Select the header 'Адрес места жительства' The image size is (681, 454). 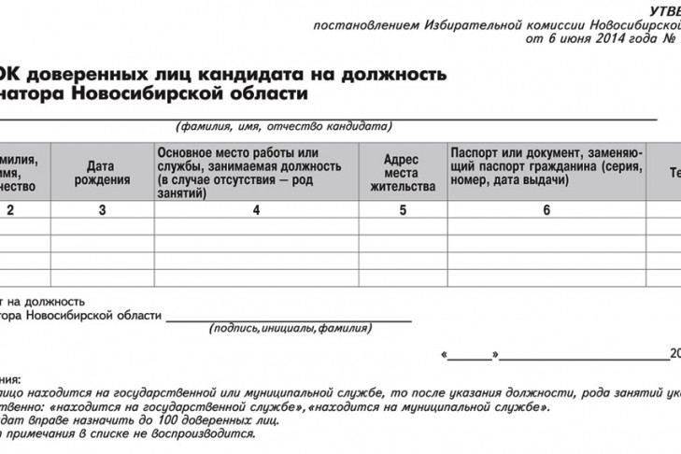tap(403, 173)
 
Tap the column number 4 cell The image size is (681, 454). tap(255, 210)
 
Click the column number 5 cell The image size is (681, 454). tap(403, 210)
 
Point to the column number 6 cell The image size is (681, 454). tap(546, 210)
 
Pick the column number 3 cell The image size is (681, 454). tap(101, 210)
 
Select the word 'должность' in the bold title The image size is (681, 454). tap(399, 73)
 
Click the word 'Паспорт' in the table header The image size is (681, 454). tap(475, 152)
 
